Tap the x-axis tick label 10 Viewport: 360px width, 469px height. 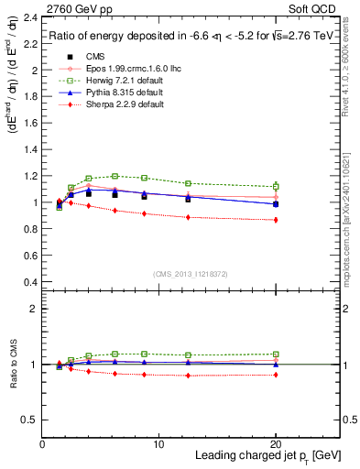[x=158, y=442]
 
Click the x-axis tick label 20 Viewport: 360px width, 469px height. [x=276, y=442]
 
